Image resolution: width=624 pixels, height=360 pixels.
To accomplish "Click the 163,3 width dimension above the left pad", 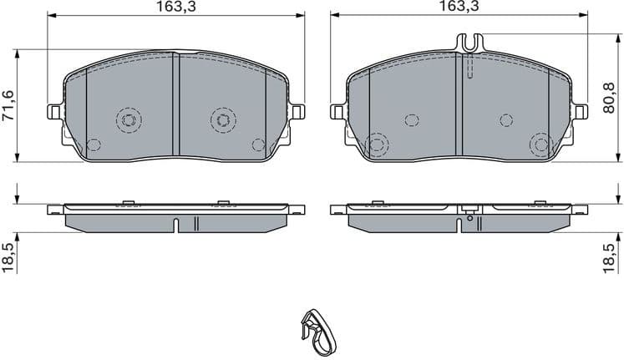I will click(x=175, y=7).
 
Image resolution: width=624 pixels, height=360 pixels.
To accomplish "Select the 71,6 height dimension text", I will click(x=8, y=106).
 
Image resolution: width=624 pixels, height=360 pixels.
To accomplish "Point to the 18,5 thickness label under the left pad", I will click(x=8, y=252).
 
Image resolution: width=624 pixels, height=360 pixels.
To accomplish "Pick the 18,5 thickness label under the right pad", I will click(x=614, y=252).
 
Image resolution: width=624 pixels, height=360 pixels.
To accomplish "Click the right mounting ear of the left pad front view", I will click(x=297, y=112).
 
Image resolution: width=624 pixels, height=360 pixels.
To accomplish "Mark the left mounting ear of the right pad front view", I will click(x=337, y=112).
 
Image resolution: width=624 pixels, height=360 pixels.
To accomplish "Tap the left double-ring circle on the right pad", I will click(x=377, y=145).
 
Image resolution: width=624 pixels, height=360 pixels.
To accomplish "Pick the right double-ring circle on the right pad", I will click(x=540, y=145).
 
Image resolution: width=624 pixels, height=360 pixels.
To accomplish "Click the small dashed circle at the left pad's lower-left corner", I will click(x=94, y=145).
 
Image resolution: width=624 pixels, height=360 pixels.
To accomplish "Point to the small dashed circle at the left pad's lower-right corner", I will click(x=257, y=145).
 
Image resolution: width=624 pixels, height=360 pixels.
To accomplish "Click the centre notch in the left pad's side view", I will click(x=177, y=225).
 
